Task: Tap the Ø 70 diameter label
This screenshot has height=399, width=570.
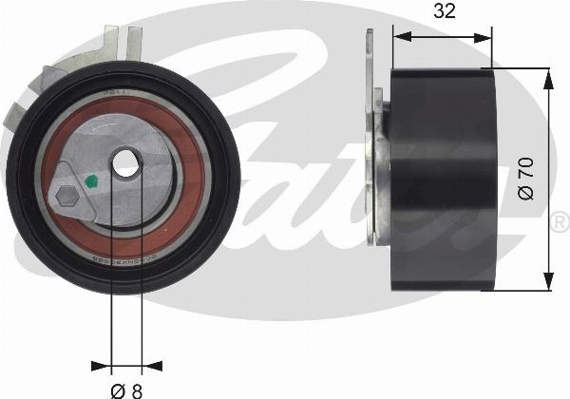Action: pos(529,178)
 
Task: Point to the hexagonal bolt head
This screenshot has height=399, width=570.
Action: pos(66,197)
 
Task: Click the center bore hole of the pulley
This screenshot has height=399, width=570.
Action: pos(125,163)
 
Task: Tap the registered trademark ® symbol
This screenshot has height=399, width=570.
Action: pos(560,223)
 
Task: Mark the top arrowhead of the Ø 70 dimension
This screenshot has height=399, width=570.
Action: pos(548,75)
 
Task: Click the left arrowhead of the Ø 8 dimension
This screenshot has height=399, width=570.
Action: pos(102,363)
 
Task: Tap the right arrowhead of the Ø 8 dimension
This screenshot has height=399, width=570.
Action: pos(151,363)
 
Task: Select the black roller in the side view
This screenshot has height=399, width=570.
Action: pos(444,180)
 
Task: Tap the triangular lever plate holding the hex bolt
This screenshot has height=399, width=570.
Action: pos(74,195)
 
